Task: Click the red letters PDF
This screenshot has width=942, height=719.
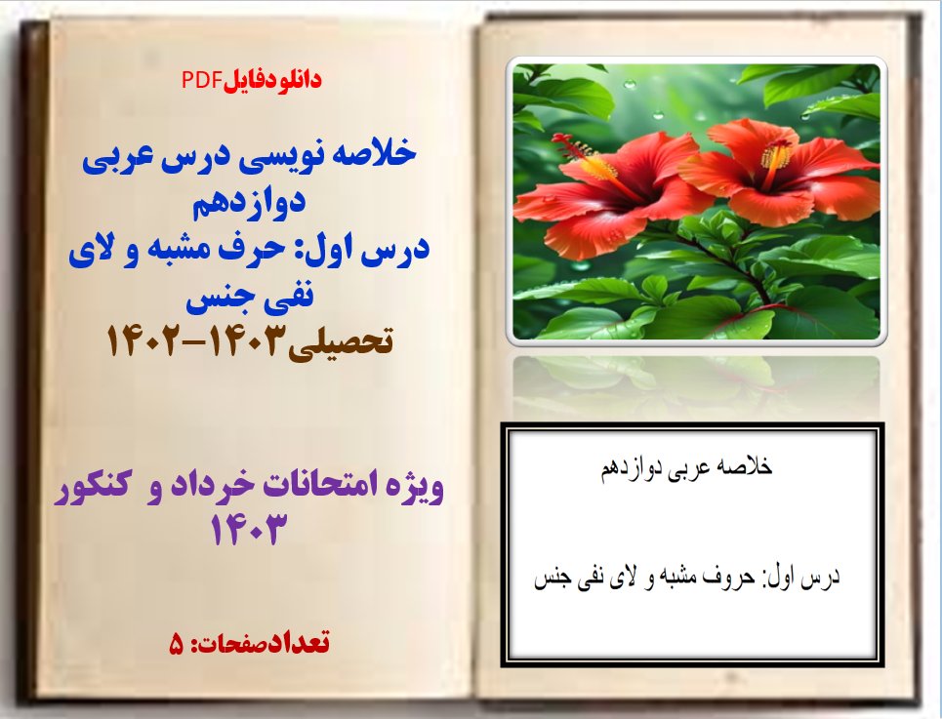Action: pos(202,81)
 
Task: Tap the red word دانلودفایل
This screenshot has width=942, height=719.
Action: pos(273,81)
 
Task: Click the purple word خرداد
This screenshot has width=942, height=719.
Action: pos(226,487)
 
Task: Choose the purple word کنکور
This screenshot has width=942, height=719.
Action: pos(95,487)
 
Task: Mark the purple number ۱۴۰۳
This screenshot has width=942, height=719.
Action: pos(251,531)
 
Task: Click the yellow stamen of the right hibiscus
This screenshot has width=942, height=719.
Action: pos(776,156)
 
